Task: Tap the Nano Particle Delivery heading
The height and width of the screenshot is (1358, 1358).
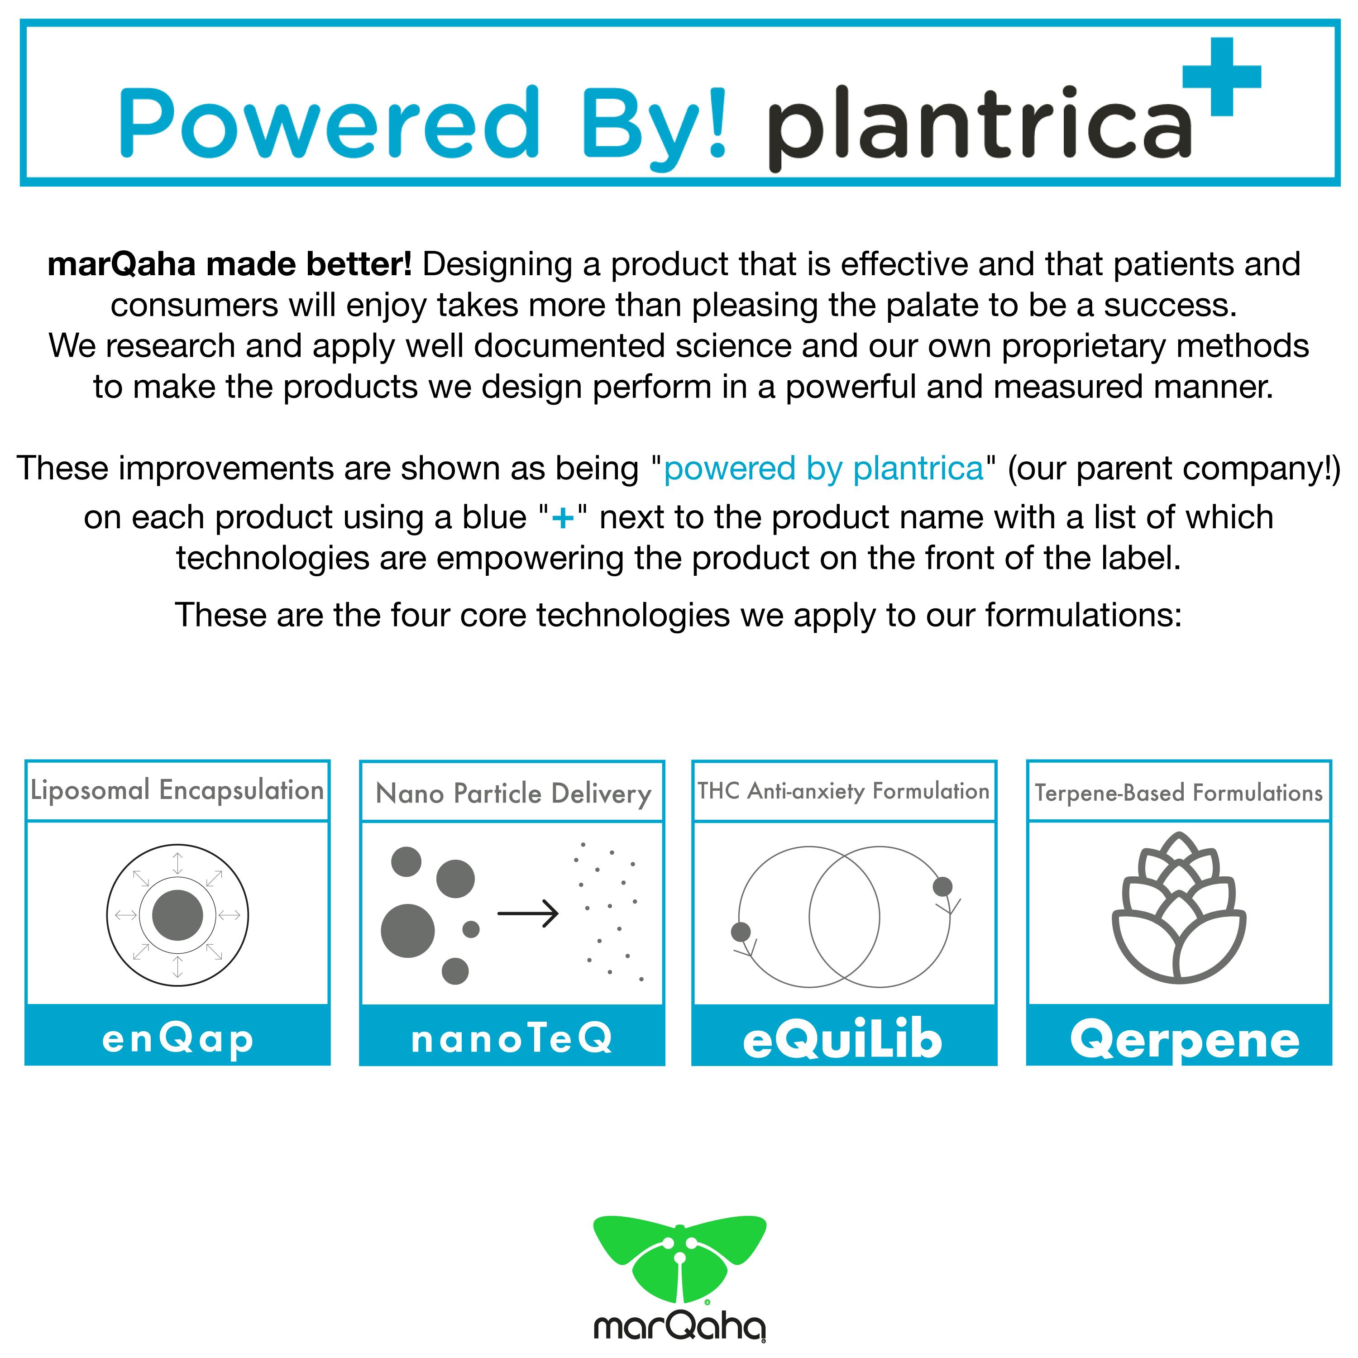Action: pos(513,794)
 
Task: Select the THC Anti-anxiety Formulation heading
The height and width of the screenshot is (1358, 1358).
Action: pos(843,791)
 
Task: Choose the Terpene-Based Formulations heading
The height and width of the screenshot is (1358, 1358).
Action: pos(1179,793)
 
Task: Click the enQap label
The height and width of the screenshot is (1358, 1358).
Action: pos(178,1039)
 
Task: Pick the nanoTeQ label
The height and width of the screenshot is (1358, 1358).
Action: pos(512,1038)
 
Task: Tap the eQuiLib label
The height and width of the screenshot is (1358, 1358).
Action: pos(843,1040)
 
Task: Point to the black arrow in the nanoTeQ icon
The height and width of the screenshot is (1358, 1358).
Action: pos(528,913)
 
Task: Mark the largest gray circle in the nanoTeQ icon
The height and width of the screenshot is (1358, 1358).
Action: pos(408,931)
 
